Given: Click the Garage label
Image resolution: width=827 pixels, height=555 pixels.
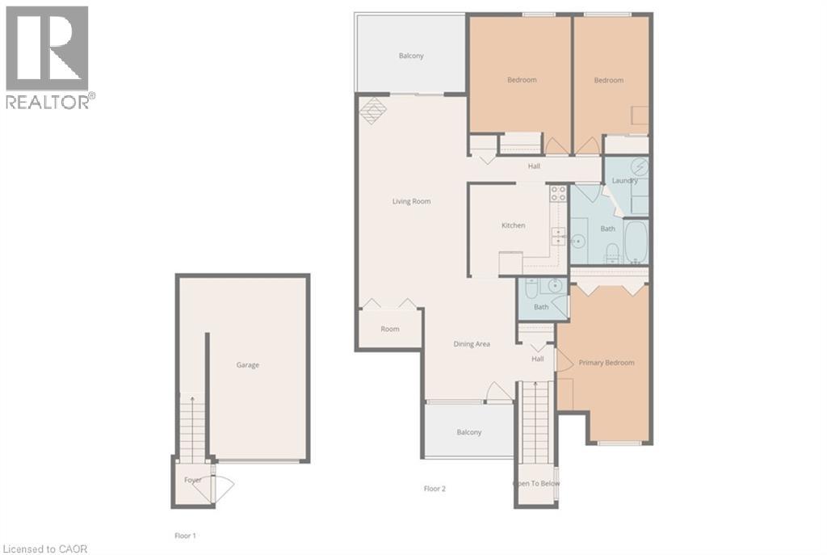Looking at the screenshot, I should coord(247,365).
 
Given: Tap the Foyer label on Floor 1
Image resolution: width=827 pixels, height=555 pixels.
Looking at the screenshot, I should coord(192,480).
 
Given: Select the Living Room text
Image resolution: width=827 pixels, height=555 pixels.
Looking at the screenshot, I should coord(411,201).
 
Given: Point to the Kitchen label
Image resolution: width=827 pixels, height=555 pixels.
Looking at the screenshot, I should coord(513,225).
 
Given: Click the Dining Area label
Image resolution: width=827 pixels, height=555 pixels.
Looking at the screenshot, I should coord(471,344).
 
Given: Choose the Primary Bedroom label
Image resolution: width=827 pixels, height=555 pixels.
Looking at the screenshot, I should coord(607,363).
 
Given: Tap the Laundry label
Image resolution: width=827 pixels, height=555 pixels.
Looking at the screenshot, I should coord(625,180).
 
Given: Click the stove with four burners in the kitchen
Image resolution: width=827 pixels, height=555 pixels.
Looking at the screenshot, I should coord(558,193).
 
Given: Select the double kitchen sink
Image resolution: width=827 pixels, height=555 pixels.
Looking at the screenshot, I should coord(559,236).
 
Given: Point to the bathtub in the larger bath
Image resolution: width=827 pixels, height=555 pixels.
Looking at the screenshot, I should coord(636,241).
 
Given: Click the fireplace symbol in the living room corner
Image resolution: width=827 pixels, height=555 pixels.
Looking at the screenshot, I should coord(372,110).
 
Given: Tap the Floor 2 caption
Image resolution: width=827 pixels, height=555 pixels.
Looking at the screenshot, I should coord(434,488).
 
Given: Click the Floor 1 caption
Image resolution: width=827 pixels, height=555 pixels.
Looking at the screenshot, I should coord(185,536).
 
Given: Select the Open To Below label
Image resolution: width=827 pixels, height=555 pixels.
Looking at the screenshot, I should coord(536,484).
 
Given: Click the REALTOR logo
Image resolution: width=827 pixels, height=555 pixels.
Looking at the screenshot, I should coord(48,57).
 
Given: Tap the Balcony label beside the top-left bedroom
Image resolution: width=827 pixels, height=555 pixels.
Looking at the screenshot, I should coord(411,56).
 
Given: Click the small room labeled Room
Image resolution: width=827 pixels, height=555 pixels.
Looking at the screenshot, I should coord(390,329).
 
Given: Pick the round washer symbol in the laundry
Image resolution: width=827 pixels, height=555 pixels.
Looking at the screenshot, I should coord(639,167).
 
